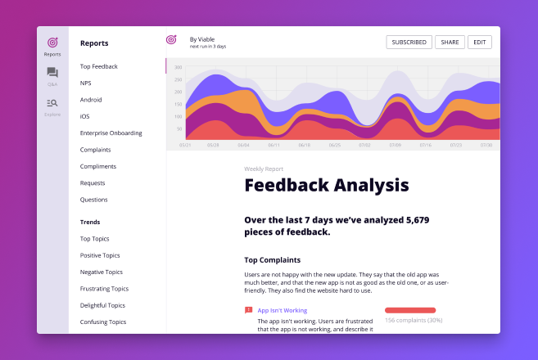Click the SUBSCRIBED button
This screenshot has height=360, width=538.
[x=409, y=42]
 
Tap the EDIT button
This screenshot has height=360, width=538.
[x=480, y=42]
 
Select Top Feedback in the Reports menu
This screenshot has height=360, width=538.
[x=99, y=66]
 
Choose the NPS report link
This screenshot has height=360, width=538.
[x=86, y=83]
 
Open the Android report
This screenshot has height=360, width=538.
[x=91, y=100]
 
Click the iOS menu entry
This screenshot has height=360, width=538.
[x=85, y=116]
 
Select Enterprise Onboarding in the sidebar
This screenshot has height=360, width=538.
[x=111, y=133]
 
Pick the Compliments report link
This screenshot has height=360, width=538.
[x=98, y=166]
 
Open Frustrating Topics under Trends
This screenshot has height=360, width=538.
[x=104, y=288]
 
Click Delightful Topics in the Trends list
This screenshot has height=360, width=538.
[x=103, y=305]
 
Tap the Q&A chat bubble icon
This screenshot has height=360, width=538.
[x=52, y=73]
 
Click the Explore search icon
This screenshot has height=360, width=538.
[x=52, y=103]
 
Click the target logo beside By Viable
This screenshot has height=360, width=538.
[x=171, y=39]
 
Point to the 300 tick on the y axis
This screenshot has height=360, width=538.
[x=178, y=67]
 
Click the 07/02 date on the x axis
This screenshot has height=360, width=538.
[x=365, y=145]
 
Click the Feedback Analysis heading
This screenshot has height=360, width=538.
[x=326, y=185]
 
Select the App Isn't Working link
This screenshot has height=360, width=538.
[x=282, y=311]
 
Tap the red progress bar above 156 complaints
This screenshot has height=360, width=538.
[x=409, y=310]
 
